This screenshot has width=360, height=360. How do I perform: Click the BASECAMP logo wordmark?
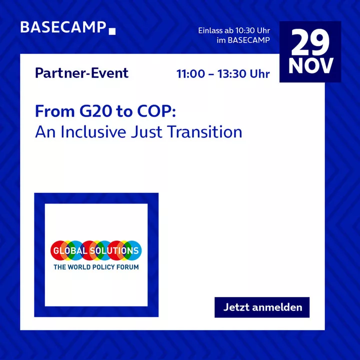(63, 27)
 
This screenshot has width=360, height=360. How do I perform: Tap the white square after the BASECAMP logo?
(112, 31)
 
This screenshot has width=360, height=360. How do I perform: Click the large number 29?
(310, 42)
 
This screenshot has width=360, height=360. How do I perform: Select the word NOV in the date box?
(310, 65)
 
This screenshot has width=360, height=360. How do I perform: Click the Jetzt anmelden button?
(262, 307)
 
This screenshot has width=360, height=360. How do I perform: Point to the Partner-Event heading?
(81, 73)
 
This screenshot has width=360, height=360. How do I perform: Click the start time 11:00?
(190, 74)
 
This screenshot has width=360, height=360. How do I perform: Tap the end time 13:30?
(231, 74)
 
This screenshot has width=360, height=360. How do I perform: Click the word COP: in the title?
(156, 111)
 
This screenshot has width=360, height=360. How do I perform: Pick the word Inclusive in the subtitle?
(93, 132)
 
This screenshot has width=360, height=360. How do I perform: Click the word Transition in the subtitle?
(204, 132)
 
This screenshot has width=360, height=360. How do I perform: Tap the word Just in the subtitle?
(146, 132)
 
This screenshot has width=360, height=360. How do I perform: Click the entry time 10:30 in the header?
(245, 30)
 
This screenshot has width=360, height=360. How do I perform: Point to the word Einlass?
(210, 30)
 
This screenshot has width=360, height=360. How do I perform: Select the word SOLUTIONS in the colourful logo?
(114, 250)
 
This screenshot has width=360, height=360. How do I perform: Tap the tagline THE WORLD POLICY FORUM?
(96, 267)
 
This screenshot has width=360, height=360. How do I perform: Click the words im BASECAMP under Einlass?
(243, 40)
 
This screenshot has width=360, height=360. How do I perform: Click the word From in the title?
(55, 111)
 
